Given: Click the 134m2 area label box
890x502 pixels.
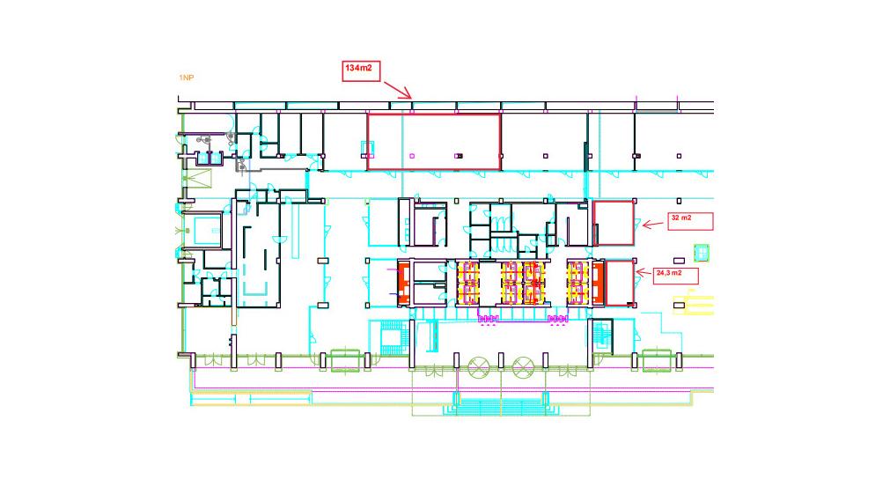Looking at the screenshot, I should pos(361,70).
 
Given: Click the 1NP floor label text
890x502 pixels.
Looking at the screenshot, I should pos(186,78).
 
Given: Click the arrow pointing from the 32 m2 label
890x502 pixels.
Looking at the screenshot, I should pos(651,225).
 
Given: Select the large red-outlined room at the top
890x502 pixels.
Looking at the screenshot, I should pos(433,141).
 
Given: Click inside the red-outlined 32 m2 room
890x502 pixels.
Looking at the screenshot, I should pos(614,223).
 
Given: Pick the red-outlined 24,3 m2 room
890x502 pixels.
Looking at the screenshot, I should pos(620,282).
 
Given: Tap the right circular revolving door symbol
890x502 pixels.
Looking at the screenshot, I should pos(524,367).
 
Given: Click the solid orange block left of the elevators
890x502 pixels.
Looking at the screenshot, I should pos(404,282).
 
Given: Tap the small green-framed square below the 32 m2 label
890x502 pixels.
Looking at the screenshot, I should pos(702,252).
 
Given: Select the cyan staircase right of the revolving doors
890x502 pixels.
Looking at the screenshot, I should pos(601,337).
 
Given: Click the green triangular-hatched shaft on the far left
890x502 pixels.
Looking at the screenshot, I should pos(198,178).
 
